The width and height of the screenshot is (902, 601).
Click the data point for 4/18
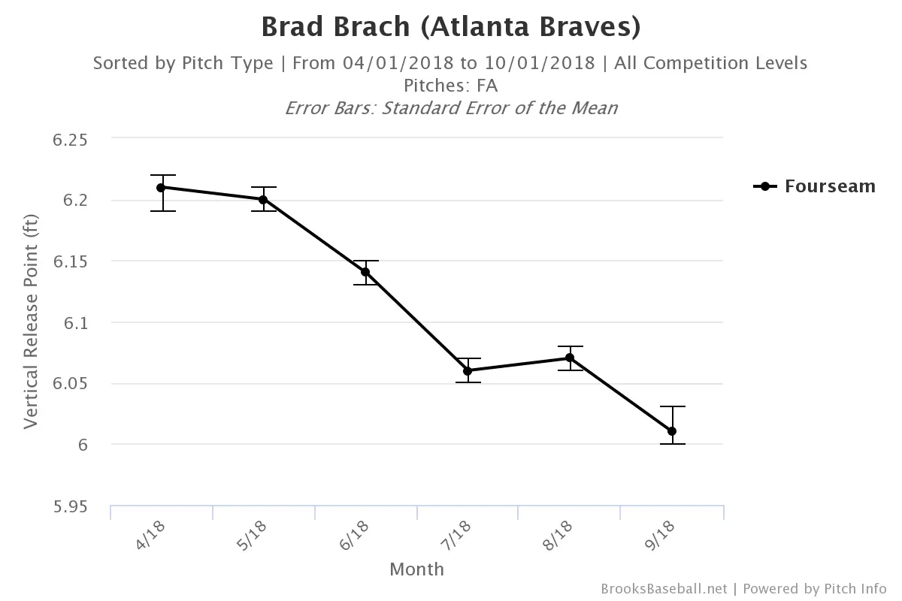coord(161,187)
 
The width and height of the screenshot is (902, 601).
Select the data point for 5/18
coord(263,199)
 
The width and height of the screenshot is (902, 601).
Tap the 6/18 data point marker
coord(365,272)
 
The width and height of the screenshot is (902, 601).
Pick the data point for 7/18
coord(468,370)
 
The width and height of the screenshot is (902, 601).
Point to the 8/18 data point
coord(570,358)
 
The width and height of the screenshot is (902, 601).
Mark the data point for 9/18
coord(672,431)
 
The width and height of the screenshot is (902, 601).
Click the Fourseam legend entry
coord(815,186)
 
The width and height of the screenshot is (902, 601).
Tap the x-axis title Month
coord(416,569)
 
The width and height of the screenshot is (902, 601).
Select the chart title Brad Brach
coord(451,27)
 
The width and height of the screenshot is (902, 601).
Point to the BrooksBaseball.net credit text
coord(664,588)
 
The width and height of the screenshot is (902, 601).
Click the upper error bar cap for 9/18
coord(672,406)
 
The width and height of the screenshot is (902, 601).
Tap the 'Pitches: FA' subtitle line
coord(451,86)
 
